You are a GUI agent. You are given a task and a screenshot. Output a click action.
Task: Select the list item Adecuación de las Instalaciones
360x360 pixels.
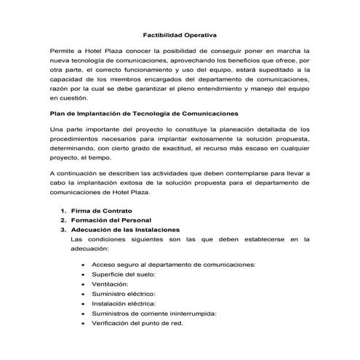(125, 229)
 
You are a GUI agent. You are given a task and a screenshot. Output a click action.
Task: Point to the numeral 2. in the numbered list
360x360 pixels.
(63, 220)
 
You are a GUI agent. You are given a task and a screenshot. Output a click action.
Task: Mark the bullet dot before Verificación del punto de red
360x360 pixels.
(84, 323)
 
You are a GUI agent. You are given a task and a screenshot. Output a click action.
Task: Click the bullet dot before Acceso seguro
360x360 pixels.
(84, 265)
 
